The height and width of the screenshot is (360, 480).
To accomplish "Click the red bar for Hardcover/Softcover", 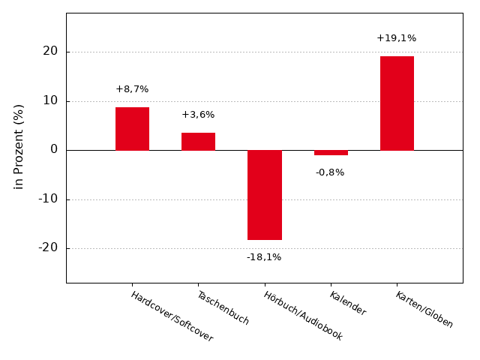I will (132, 129).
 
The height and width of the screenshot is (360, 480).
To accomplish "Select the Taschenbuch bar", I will (198, 141).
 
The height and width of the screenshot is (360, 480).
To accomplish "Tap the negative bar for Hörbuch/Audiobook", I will (264, 195).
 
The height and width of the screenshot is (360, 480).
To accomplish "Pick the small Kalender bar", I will (331, 152).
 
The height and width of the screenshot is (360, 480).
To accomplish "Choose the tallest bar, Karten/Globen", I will (397, 103).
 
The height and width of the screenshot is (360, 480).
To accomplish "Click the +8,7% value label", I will (132, 89).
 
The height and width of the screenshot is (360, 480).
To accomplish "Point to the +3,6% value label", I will (198, 115).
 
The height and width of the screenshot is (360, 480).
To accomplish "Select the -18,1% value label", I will (264, 257).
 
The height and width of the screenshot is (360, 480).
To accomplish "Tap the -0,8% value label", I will (330, 172).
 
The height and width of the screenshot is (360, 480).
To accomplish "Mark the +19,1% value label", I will (396, 38).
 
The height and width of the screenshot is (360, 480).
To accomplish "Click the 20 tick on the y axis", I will (50, 52).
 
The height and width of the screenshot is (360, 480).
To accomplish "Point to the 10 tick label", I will (50, 100).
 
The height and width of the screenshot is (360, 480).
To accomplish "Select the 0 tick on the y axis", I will (54, 149).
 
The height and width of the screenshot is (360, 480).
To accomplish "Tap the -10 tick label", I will (48, 199).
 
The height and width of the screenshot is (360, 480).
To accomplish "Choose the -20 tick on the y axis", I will (48, 247).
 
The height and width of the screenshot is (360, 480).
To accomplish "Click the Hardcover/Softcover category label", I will (172, 316).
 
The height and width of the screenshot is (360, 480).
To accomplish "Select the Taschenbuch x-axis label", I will (223, 307).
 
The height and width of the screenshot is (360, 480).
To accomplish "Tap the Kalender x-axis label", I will (347, 303).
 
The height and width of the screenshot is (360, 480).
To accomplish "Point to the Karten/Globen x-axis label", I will (424, 310).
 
